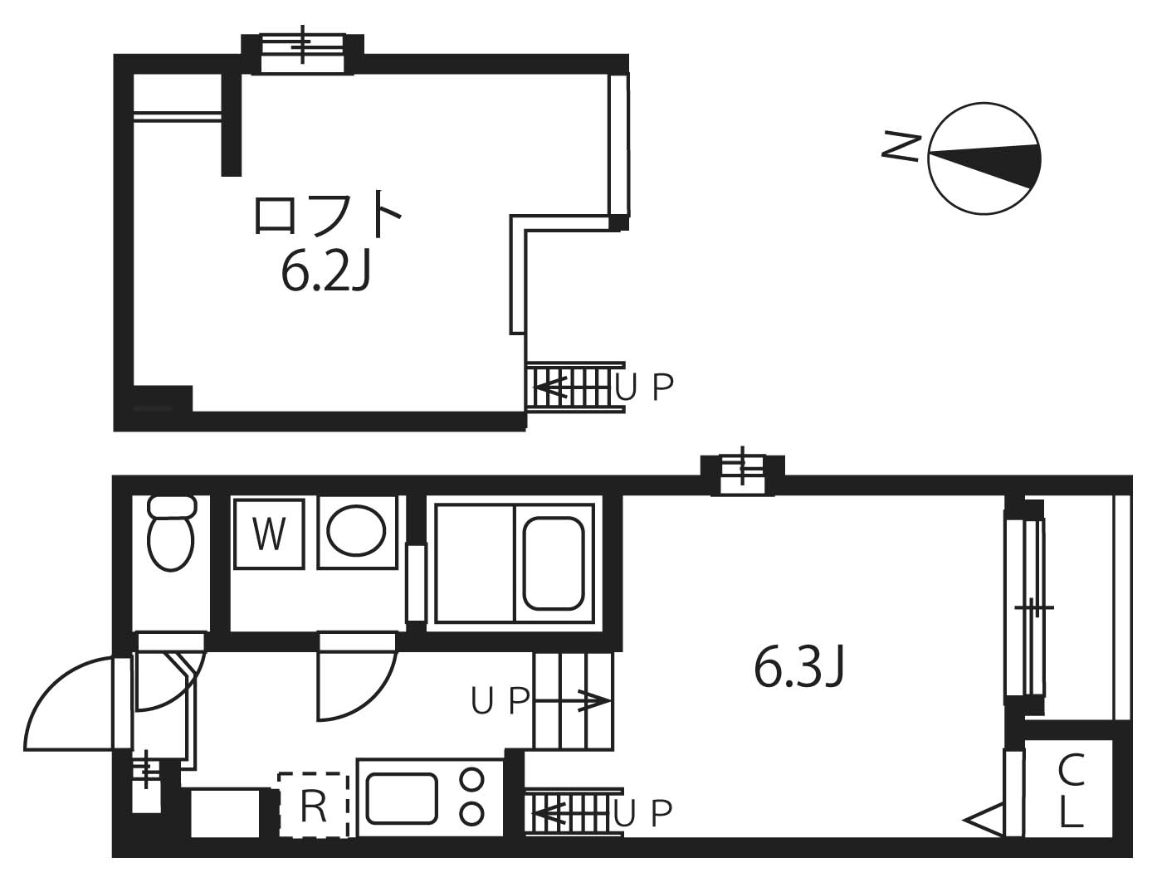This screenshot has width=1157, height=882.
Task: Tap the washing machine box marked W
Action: click(x=268, y=534)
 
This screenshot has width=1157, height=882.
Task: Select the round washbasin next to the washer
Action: click(x=355, y=531)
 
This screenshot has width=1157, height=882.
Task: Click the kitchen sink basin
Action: click(x=403, y=798)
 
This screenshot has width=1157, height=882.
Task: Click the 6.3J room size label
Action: click(x=798, y=669)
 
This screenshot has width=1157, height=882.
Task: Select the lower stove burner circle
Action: click(x=472, y=813)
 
